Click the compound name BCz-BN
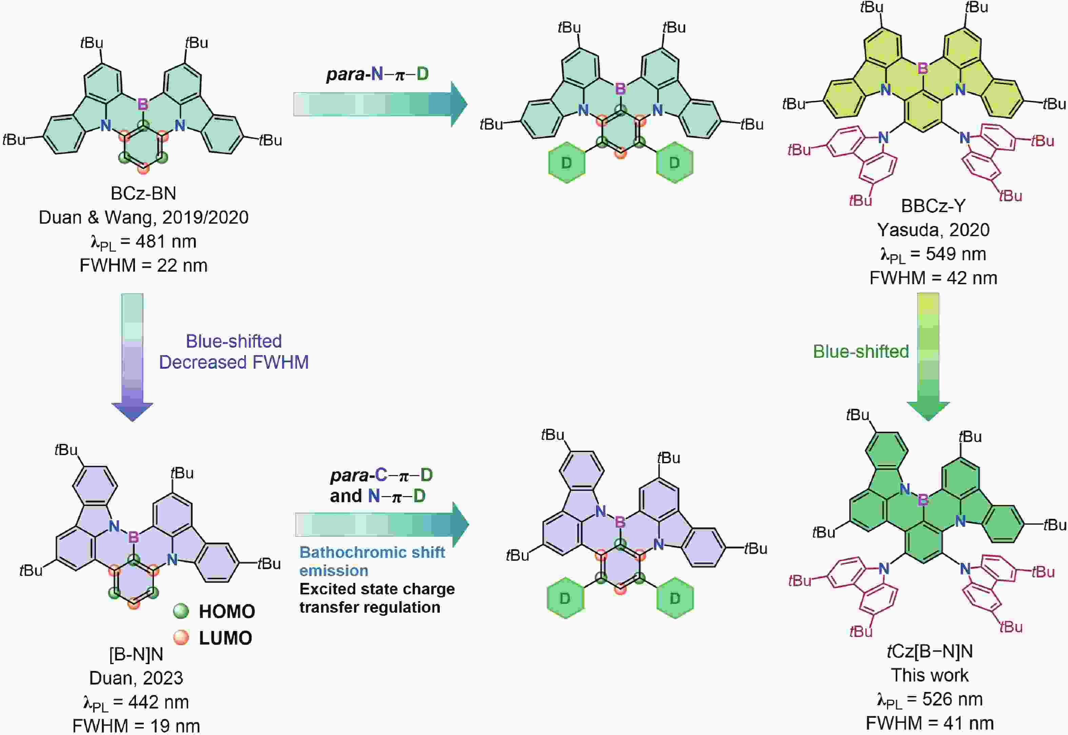pyautogui.click(x=143, y=193)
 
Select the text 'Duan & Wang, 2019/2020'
pyautogui.click(x=143, y=217)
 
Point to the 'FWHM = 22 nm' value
pyautogui.click(x=143, y=266)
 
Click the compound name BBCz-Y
pyautogui.click(x=933, y=206)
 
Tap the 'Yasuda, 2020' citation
pyautogui.click(x=933, y=230)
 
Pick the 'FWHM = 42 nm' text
pyautogui.click(x=933, y=278)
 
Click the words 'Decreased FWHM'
pyautogui.click(x=234, y=363)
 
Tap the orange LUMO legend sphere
pyautogui.click(x=181, y=637)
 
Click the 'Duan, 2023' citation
pyautogui.click(x=136, y=678)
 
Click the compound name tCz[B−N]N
pyautogui.click(x=929, y=651)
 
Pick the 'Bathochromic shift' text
pyautogui.click(x=372, y=552)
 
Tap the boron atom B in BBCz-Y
pyautogui.click(x=923, y=68)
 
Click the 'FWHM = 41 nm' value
pyautogui.click(x=929, y=723)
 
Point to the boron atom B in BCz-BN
pyautogui.click(x=143, y=104)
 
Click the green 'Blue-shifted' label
pyautogui.click(x=861, y=352)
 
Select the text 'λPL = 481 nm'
pyautogui.click(x=143, y=242)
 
